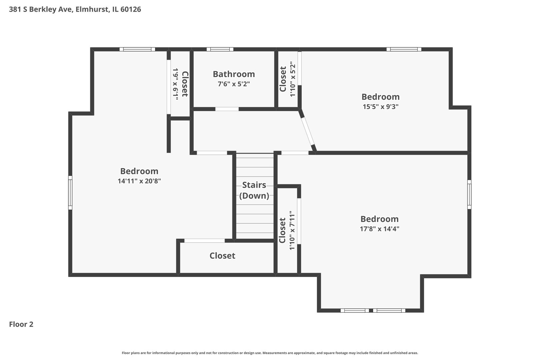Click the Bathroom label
[x=234, y=74]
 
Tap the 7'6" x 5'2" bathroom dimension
[x=234, y=84]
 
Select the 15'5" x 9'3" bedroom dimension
[x=380, y=107]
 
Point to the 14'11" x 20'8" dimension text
[x=139, y=181]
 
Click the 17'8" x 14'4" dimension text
[x=379, y=229]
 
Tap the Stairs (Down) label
[x=254, y=190]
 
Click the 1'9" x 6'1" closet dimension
[x=175, y=84]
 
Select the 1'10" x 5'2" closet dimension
[x=293, y=79]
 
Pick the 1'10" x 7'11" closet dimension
[x=292, y=230]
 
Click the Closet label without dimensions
[x=222, y=256]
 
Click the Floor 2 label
[x=21, y=324]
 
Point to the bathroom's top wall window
[x=220, y=49]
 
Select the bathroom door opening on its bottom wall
[x=227, y=109]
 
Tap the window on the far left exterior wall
[x=70, y=193]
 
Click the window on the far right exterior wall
[x=469, y=194]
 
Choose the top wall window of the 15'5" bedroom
[x=404, y=49]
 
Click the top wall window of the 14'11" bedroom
[x=137, y=49]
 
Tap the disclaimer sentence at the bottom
[x=270, y=353]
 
